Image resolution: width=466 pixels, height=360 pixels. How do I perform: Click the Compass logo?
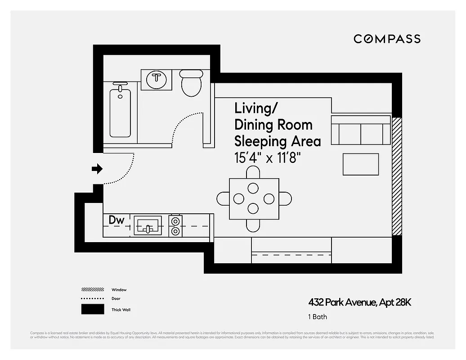pyautogui.click(x=387, y=39)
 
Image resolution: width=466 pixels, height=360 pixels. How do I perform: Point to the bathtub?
pyautogui.click(x=120, y=112)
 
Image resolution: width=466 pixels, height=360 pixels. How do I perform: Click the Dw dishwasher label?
pyautogui.click(x=116, y=220)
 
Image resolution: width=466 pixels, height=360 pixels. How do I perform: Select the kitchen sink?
pyautogui.click(x=148, y=225)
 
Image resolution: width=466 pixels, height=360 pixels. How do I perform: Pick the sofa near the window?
pyautogui.click(x=360, y=130)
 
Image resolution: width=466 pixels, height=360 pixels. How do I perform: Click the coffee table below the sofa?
pyautogui.click(x=360, y=164)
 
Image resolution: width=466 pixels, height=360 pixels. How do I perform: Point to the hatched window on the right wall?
pyautogui.click(x=396, y=176)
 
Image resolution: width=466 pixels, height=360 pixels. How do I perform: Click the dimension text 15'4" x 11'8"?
pyautogui.click(x=267, y=158)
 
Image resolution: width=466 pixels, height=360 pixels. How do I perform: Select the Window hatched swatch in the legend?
pyautogui.click(x=92, y=290)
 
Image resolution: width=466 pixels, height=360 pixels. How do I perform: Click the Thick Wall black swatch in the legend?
pyautogui.click(x=92, y=310)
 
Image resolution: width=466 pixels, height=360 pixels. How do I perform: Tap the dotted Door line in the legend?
pyautogui.click(x=92, y=299)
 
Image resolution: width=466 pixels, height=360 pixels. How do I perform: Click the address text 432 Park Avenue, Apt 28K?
pyautogui.click(x=359, y=302)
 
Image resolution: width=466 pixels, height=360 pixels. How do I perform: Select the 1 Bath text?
pyautogui.click(x=318, y=317)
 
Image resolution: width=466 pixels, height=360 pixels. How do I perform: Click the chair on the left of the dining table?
pyautogui.click(x=223, y=198)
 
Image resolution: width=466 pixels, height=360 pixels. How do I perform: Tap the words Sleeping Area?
pyautogui.click(x=278, y=141)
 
